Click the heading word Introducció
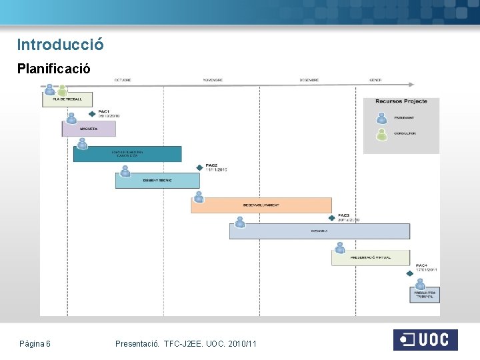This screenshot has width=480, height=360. (60, 45)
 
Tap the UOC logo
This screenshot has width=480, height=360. (425, 340)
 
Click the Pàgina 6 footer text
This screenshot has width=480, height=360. (35, 343)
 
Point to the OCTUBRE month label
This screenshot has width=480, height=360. (123, 80)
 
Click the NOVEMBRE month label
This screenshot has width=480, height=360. (213, 80)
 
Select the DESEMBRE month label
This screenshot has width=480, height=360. (309, 80)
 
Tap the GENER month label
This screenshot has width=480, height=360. (375, 80)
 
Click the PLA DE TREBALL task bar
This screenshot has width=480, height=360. (67, 99)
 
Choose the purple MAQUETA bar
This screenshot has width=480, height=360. (89, 129)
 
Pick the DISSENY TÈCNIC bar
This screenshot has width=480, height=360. (157, 181)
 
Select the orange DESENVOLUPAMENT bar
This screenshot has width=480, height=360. (261, 205)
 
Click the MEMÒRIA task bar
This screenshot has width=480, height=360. (319, 231)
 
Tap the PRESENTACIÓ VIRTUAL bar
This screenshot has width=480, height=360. (371, 257)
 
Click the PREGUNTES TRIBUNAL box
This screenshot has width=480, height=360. (425, 294)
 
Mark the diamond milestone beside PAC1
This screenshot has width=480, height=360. (93, 113)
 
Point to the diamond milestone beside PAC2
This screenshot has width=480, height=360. (199, 167)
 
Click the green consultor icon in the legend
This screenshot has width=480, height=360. (381, 135)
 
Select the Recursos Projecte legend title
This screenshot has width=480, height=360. (401, 101)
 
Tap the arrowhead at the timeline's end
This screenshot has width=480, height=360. (411, 85)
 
